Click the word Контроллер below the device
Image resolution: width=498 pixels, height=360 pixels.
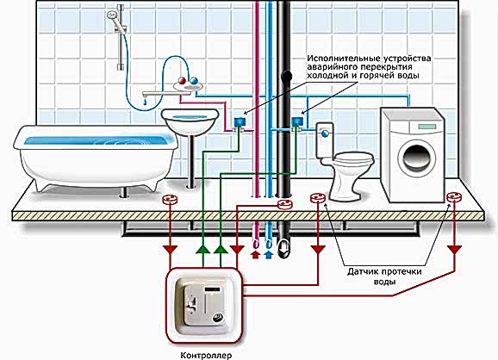206,355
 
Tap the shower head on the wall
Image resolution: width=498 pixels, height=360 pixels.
112,16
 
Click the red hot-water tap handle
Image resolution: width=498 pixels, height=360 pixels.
182,80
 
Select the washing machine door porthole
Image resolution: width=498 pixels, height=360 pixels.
417,158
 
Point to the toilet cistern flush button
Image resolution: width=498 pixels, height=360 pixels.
325,133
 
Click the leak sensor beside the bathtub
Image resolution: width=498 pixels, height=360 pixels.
170,199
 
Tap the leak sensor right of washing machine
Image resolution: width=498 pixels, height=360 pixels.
454,197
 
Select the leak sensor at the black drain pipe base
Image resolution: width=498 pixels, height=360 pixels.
284,204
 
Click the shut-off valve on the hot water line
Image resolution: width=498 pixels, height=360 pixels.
240,123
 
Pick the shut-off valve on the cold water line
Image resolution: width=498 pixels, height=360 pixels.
297,122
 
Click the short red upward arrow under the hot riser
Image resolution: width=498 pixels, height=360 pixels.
256,254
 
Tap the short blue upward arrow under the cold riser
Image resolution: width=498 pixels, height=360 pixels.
269,254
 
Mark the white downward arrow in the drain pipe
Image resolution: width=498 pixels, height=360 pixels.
283,248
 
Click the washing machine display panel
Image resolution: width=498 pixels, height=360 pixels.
427,127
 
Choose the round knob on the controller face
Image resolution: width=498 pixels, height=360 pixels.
220,317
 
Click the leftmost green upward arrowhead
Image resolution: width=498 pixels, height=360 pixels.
202,250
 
